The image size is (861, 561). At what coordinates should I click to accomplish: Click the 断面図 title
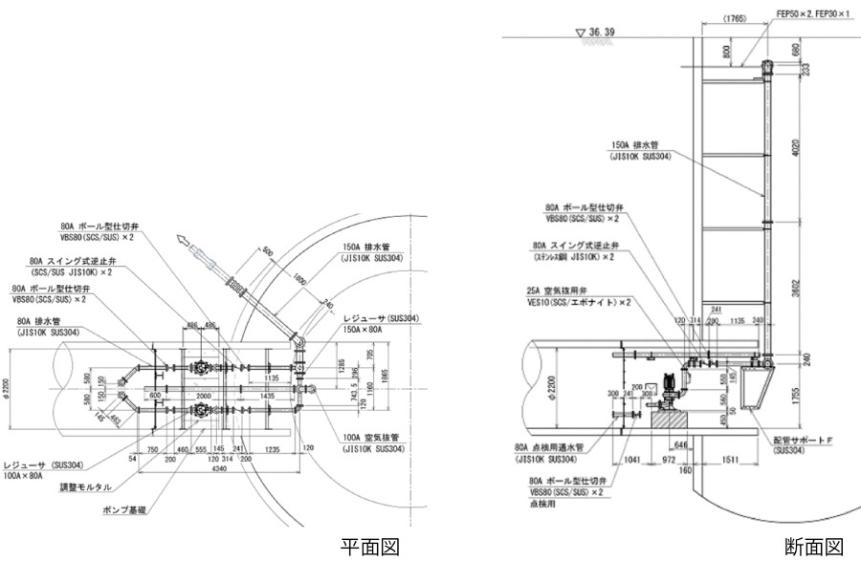pyautogui.click(x=814, y=546)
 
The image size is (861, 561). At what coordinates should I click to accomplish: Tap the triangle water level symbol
pyautogui.click(x=580, y=32)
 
